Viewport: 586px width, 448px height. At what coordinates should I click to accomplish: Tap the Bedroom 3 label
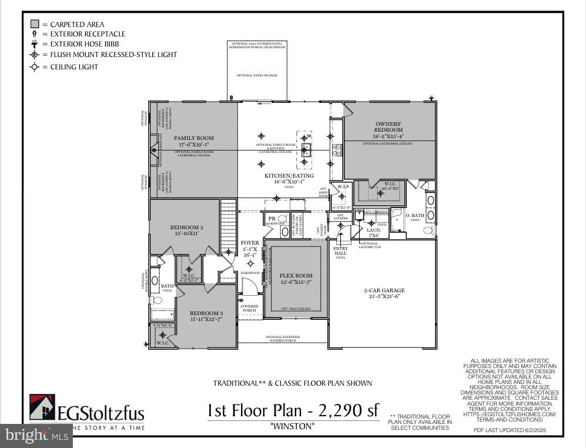pos(206,316)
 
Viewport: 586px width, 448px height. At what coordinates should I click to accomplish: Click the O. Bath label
pos(415,216)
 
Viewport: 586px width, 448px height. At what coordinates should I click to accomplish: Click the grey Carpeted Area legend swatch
pos(35,24)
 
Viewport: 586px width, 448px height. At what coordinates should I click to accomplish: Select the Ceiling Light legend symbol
pos(35,67)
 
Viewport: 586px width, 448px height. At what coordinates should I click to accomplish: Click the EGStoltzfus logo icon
pos(42,407)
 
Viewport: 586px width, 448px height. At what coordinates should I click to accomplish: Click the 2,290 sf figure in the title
pos(347,410)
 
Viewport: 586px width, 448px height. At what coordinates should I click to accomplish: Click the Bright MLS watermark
pos(35,436)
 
